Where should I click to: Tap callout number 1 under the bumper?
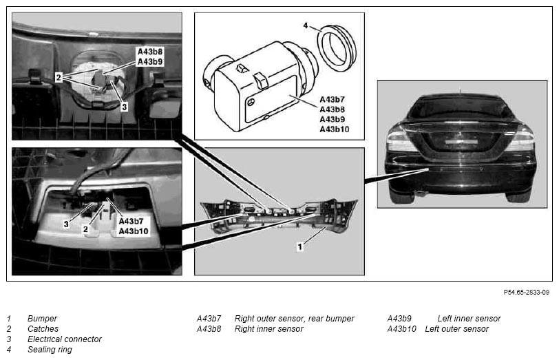tap(300, 246)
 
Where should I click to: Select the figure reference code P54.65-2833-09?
tap(526, 293)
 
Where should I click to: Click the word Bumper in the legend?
tap(42, 318)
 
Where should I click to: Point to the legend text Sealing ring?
tap(50, 349)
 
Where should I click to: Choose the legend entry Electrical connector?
tap(65, 339)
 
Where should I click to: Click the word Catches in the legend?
tap(43, 328)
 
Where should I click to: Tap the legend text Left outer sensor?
tap(456, 328)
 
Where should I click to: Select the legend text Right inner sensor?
tap(268, 328)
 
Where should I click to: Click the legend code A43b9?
tap(399, 318)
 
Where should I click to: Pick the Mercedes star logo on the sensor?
tap(251, 103)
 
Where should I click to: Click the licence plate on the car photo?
tap(461, 142)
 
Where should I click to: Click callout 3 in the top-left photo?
tap(124, 107)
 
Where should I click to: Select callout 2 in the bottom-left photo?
tap(85, 229)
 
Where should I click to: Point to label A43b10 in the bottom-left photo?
tap(134, 231)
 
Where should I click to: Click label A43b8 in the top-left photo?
tap(150, 52)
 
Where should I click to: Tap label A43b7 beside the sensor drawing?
tap(332, 99)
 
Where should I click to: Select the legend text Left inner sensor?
tap(469, 318)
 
